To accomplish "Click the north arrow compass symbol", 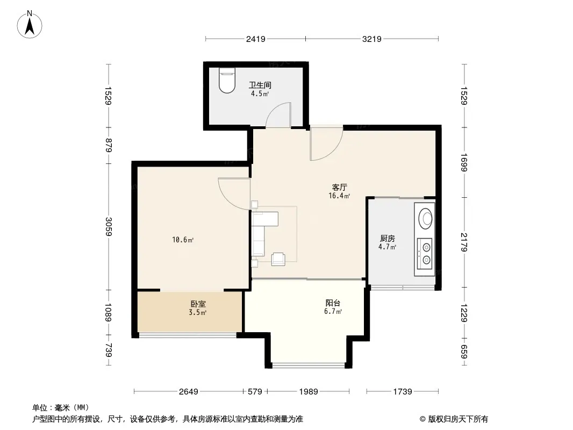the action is coord(30,25).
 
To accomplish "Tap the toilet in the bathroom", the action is coord(227,81).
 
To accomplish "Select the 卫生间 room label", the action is coord(260,85).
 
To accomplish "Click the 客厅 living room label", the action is coord(339,188).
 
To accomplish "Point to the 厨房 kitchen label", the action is coord(388,239).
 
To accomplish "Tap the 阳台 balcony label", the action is coord(333,303).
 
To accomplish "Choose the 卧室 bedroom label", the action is coord(198,304).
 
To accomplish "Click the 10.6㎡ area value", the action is coord(183,240).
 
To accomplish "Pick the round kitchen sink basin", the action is coord(425,218).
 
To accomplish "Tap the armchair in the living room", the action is coord(278,259).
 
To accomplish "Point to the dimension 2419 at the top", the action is coord(255,39).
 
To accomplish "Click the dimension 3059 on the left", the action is coord(109,226).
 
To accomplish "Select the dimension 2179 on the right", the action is coord(464,242).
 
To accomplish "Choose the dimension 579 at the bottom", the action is coord(255,392).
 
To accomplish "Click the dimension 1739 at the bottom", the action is coord(403,392).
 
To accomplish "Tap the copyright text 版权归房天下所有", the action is coord(458,419).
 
